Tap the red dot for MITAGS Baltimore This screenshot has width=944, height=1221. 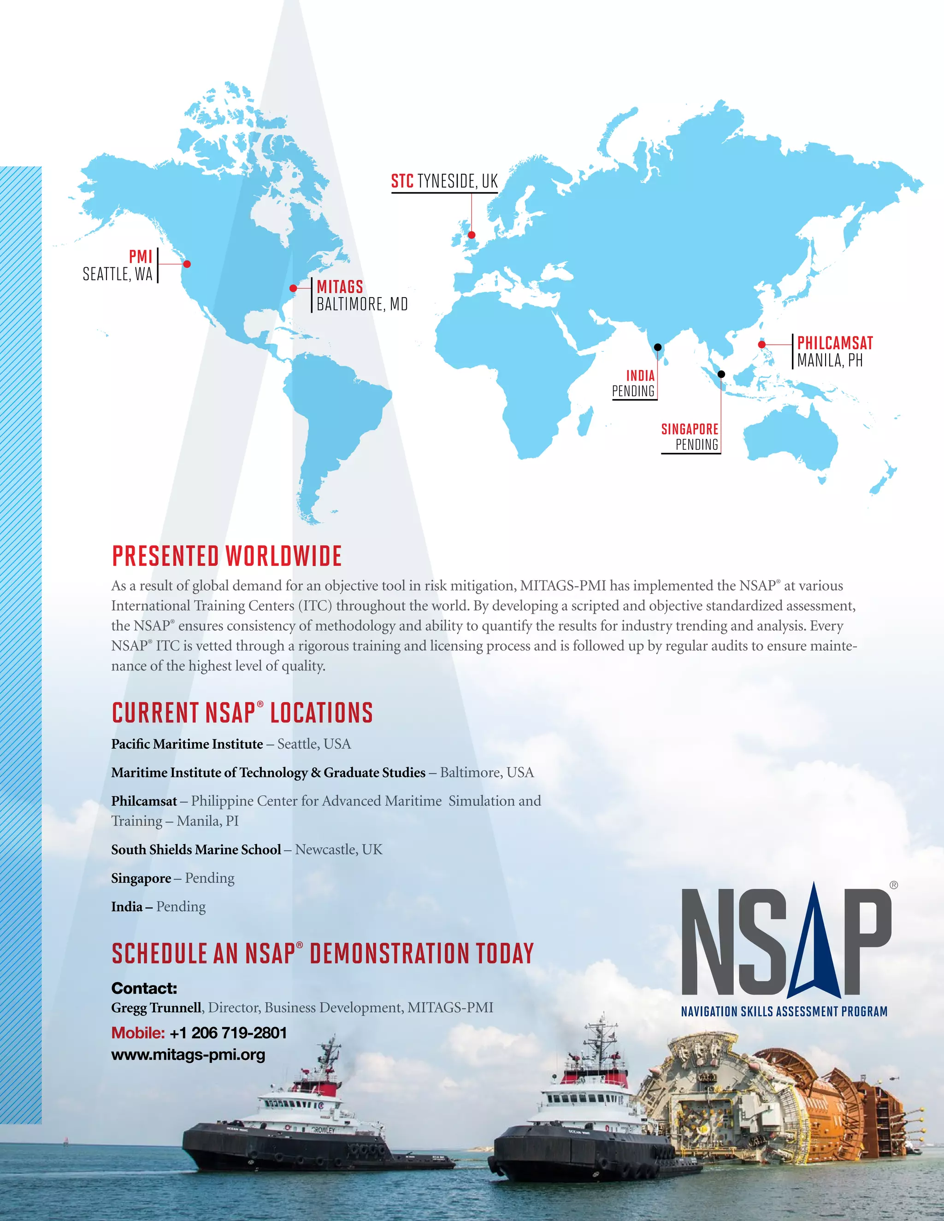(x=293, y=288)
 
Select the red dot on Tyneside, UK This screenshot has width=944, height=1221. (x=472, y=235)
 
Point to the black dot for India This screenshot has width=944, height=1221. (x=658, y=347)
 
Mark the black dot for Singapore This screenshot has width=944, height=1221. (x=721, y=374)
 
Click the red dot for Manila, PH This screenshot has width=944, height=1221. (x=761, y=344)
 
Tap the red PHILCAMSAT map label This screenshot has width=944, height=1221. (x=835, y=343)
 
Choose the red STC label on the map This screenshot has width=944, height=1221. (x=402, y=181)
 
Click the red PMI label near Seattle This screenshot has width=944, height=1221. (x=141, y=257)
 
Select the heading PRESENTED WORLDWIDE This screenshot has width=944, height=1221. (x=226, y=556)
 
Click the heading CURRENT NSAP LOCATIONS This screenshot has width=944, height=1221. (x=242, y=713)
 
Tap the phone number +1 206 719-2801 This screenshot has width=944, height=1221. (x=228, y=1033)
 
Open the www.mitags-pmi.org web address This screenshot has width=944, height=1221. (x=189, y=1055)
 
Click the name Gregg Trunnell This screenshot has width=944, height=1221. (x=157, y=1007)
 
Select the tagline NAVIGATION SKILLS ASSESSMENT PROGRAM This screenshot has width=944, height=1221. (x=784, y=1011)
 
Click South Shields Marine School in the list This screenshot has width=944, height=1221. (x=196, y=850)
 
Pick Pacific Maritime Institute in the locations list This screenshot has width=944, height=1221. (x=187, y=744)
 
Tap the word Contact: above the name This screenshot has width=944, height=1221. (x=144, y=988)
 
